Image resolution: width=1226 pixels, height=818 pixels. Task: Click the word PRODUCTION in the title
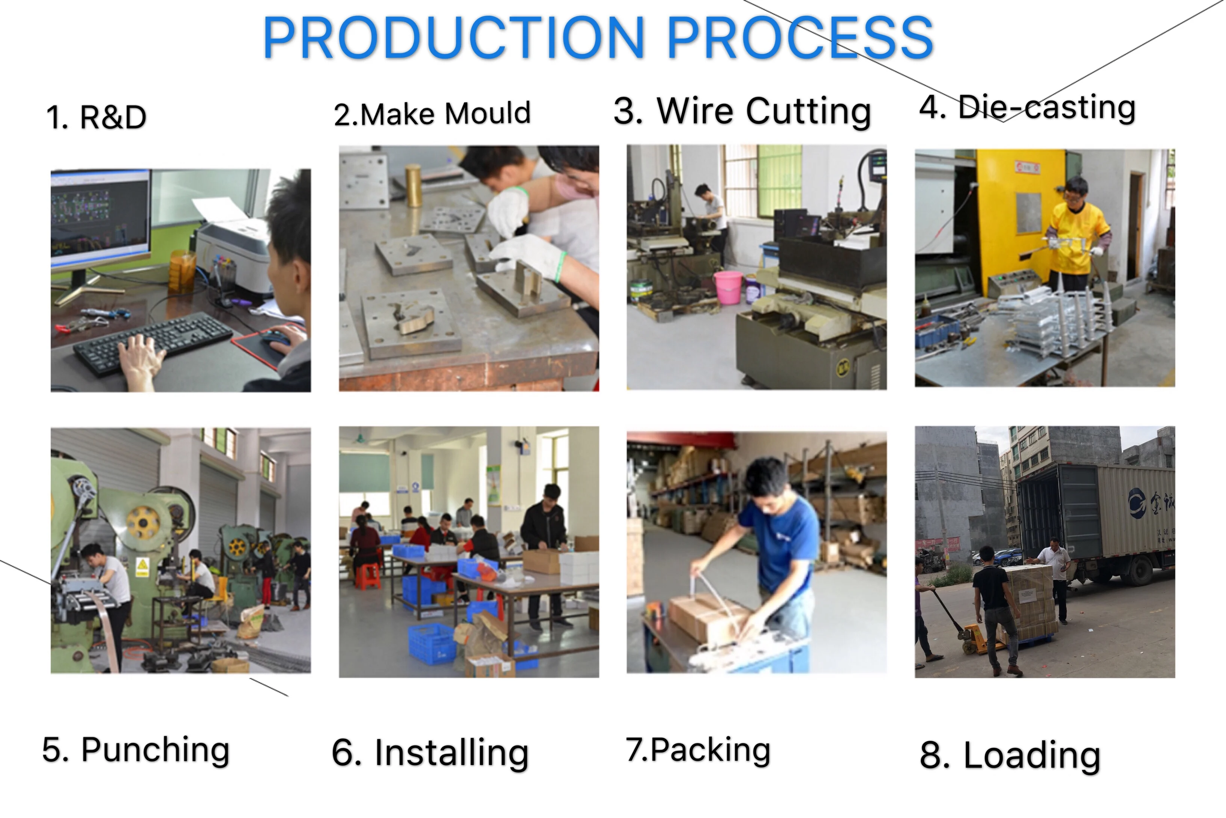click(453, 38)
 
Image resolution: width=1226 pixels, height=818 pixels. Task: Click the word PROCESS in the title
click(800, 38)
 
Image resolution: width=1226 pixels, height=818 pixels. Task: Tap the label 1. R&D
click(97, 117)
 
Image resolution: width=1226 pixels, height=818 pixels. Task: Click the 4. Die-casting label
click(1027, 108)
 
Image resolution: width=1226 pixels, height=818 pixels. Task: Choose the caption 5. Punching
click(136, 750)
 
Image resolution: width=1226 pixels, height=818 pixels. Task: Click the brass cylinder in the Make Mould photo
click(413, 185)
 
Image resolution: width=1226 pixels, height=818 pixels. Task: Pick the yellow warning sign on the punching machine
click(142, 567)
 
